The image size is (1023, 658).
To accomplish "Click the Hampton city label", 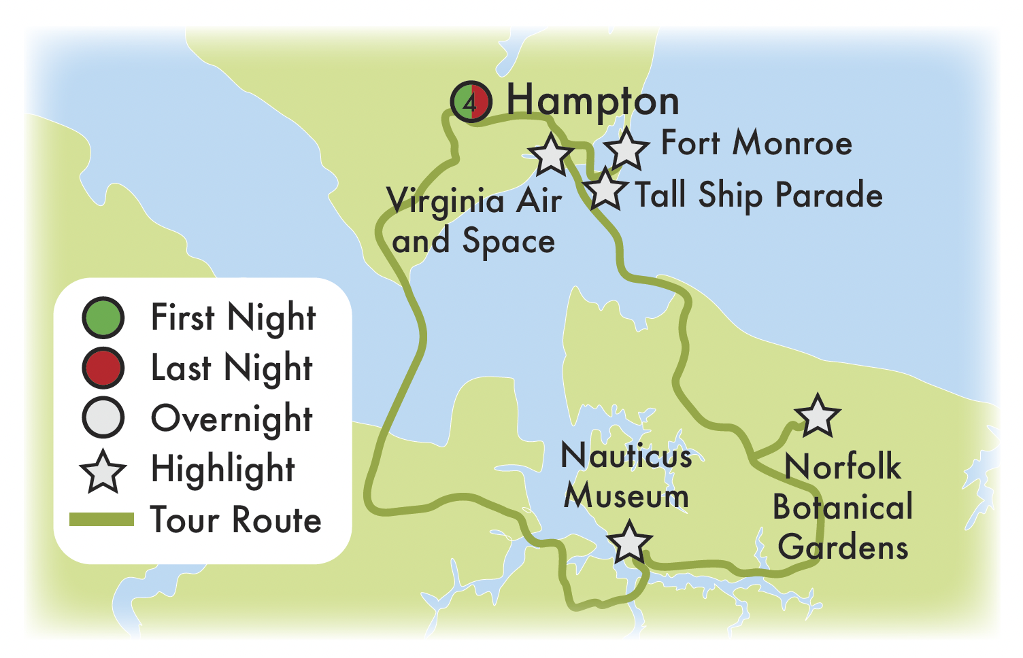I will tap(592, 102).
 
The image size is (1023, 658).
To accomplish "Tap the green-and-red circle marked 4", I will tap(470, 103).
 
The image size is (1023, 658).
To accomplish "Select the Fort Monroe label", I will tap(756, 143).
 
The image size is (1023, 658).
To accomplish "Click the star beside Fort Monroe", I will tap(626, 149).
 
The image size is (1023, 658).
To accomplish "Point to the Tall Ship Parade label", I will tap(758, 195).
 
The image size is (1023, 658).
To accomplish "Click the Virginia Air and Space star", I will tap(550, 154).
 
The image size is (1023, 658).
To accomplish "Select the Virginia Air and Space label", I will tap(474, 221).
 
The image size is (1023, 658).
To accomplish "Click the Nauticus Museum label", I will tap(626, 476).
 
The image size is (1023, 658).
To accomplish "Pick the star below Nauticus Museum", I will tap(629, 542).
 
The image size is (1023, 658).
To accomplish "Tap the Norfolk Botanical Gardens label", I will tap(843, 507).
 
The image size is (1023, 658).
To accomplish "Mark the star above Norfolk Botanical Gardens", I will tap(817, 416).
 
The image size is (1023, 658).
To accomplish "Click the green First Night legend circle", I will tap(103, 317).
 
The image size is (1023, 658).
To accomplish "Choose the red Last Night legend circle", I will tap(103, 368).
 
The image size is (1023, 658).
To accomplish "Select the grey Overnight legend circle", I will tap(103, 418).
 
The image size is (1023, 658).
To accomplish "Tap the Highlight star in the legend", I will tap(103, 471).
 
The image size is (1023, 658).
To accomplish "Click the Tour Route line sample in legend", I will tap(102, 520).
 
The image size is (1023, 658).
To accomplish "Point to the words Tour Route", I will tap(235, 520).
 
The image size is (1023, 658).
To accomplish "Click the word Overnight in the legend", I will tap(231, 419).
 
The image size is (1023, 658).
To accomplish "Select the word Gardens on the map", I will tap(843, 547).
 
